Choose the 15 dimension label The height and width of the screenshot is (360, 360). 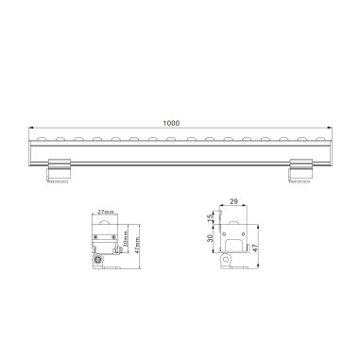pyautogui.click(x=210, y=218)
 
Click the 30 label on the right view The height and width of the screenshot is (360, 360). pyautogui.click(x=210, y=239)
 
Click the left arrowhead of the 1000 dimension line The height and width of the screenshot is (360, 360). pyautogui.click(x=31, y=129)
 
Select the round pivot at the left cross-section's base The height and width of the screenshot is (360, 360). pyautogui.click(x=97, y=259)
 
